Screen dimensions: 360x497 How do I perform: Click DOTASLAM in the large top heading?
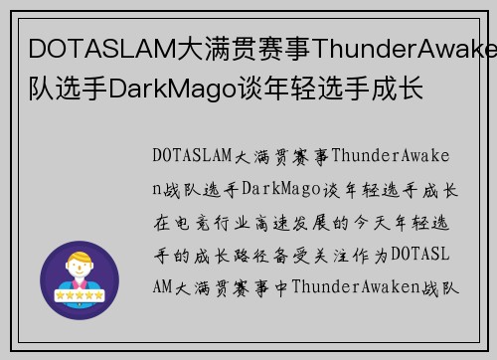(x=87, y=49)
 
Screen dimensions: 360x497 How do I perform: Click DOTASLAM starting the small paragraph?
(x=190, y=155)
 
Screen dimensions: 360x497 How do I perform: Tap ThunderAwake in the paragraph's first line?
(x=398, y=155)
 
